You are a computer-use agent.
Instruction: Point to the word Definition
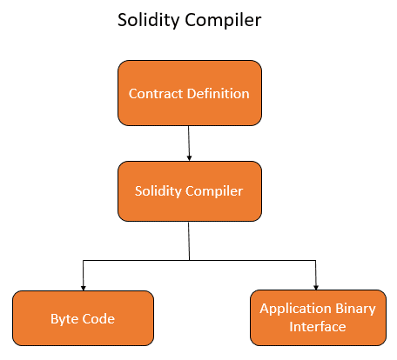pyautogui.click(x=219, y=93)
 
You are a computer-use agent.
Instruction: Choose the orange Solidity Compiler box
pyautogui.click(x=189, y=190)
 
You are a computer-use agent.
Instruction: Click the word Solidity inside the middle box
pyautogui.click(x=158, y=190)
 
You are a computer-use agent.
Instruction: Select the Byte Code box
pyautogui.click(x=83, y=318)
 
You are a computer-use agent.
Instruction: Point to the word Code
pyautogui.click(x=98, y=318)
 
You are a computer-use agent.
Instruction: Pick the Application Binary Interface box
pyautogui.click(x=316, y=317)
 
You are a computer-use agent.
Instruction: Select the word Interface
pyautogui.click(x=316, y=327)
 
